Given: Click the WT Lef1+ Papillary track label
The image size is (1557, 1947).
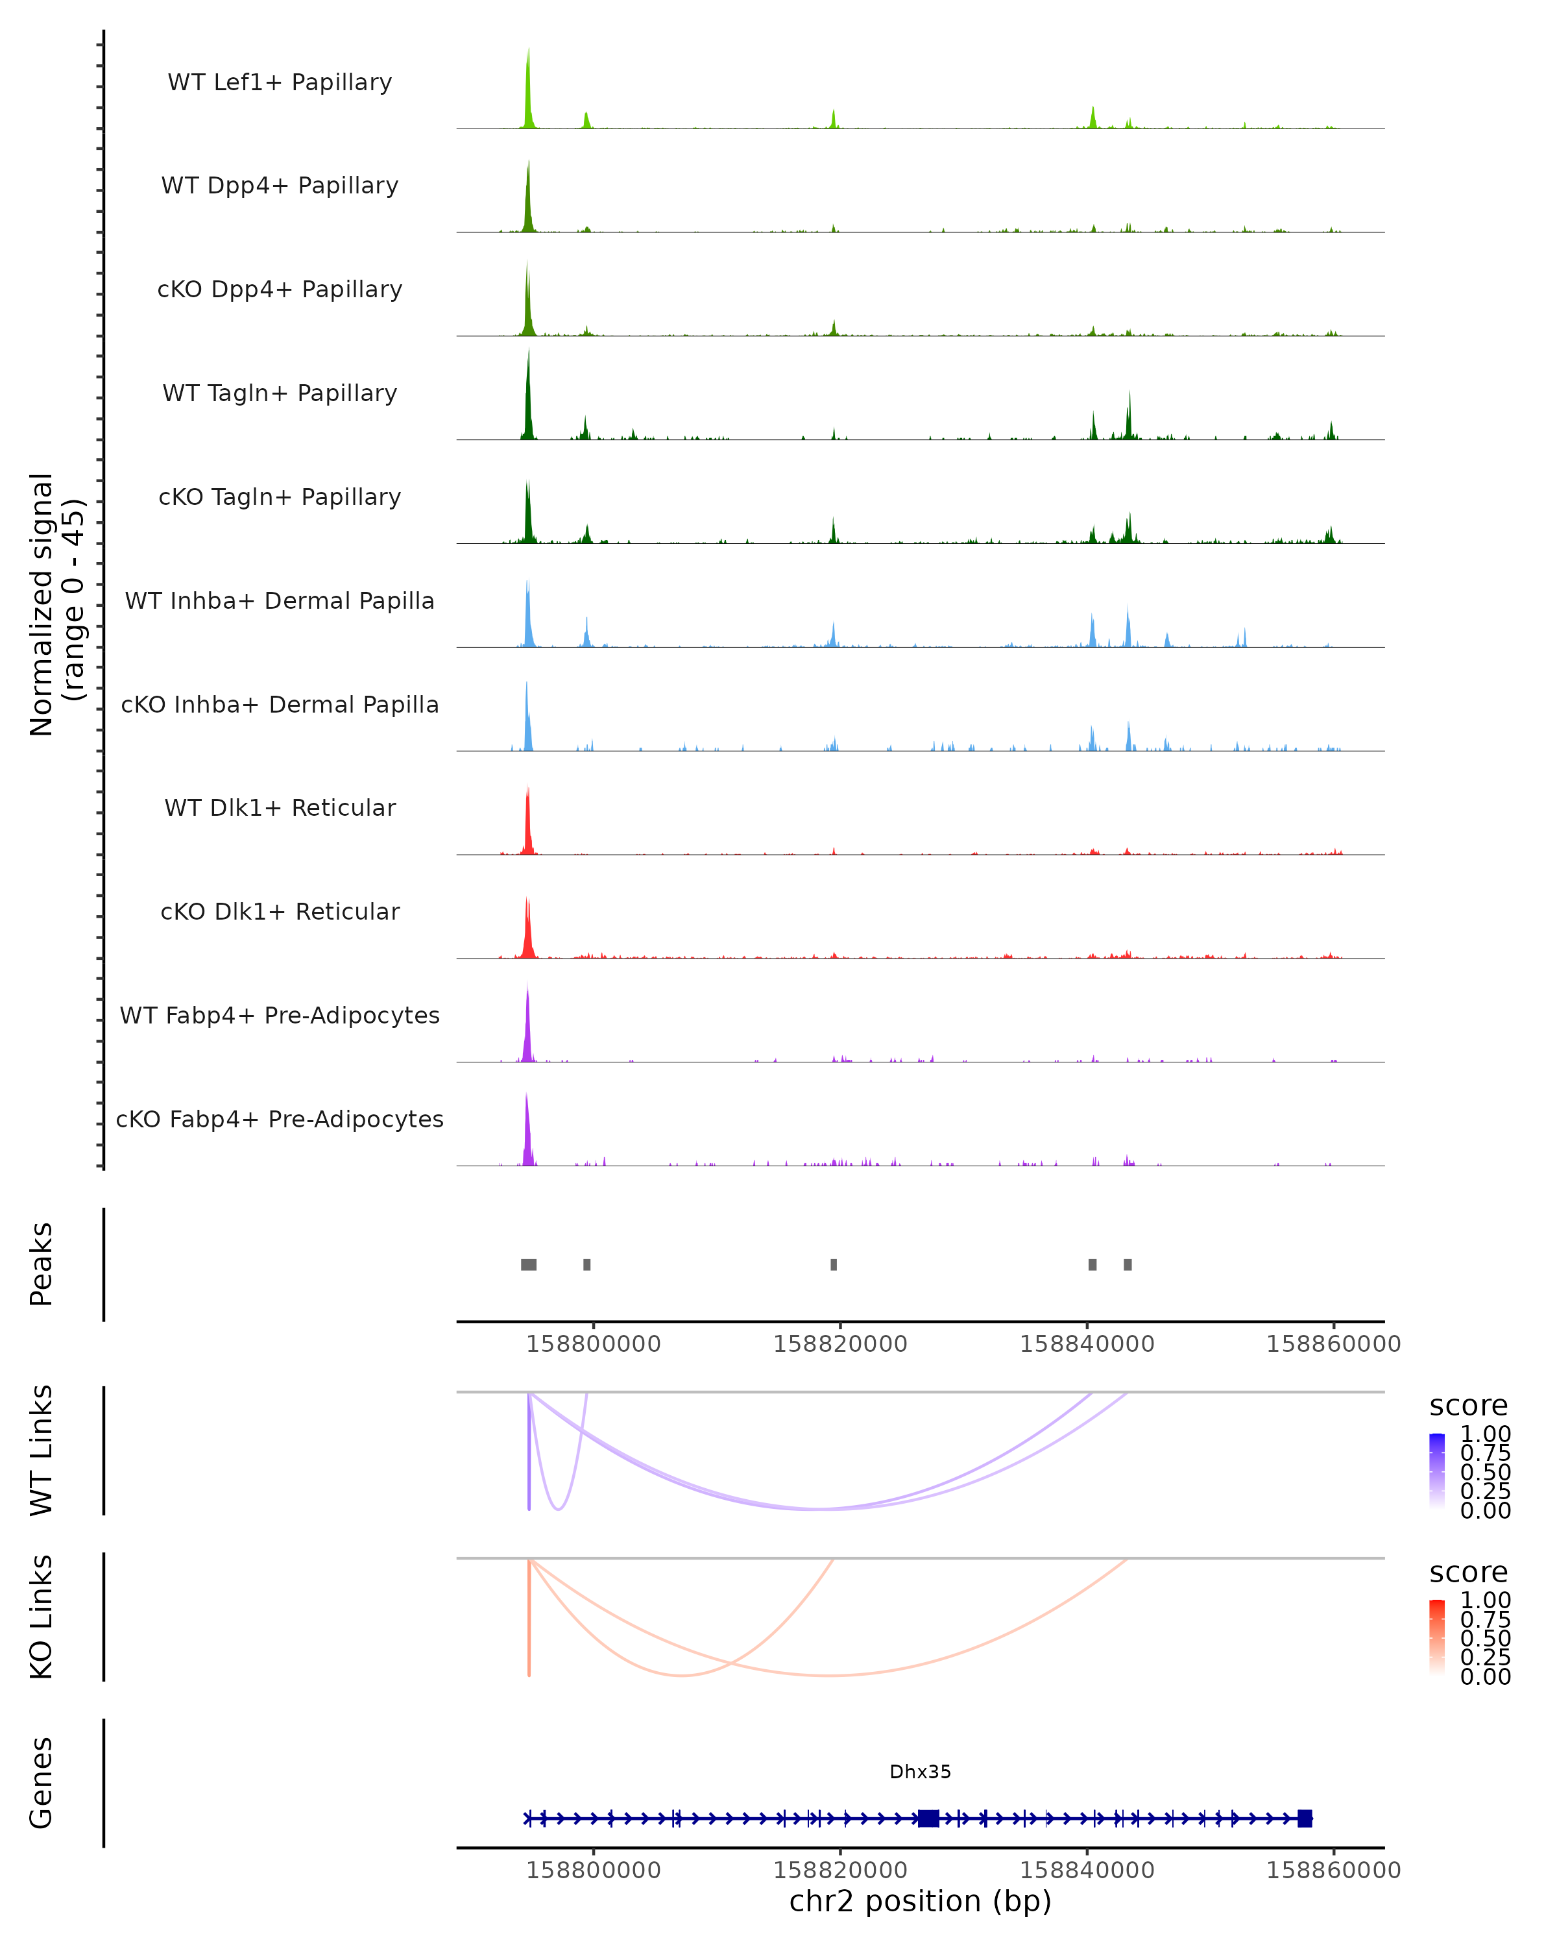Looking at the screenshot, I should pyautogui.click(x=280, y=82).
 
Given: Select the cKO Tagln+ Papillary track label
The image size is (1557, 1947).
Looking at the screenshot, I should pyautogui.click(x=280, y=496).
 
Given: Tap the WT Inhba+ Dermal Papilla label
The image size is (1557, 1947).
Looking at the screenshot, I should pyautogui.click(x=280, y=600).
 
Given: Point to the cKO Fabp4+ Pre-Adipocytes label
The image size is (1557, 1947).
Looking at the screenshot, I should pyautogui.click(x=280, y=1119).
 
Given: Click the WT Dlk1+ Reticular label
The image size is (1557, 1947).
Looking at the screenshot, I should pyautogui.click(x=280, y=807).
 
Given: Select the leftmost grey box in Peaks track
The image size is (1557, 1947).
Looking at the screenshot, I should pyautogui.click(x=529, y=1264).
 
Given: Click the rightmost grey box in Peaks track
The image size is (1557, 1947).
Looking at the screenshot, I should pyautogui.click(x=1128, y=1264).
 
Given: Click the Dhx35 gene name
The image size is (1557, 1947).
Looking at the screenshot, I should pyautogui.click(x=920, y=1772).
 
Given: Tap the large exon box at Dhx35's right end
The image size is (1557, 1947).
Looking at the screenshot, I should pyautogui.click(x=1304, y=1818).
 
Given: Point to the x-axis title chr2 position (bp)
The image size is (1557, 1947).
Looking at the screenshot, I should pyautogui.click(x=920, y=1902).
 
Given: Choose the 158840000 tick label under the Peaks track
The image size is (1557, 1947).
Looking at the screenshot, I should pyautogui.click(x=1087, y=1344).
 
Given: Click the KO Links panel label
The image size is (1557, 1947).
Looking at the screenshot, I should pyautogui.click(x=42, y=1617).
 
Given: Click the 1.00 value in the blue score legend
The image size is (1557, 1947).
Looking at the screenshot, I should pyautogui.click(x=1486, y=1434).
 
